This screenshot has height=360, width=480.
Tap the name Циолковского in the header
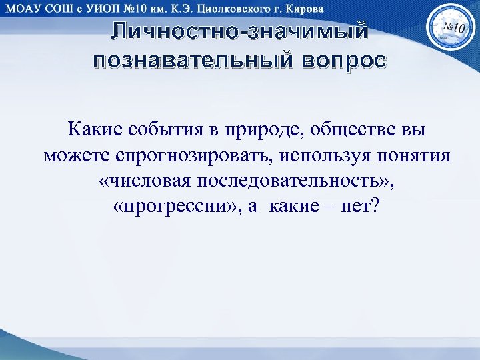(235, 9)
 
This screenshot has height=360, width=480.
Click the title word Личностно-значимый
(239, 31)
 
